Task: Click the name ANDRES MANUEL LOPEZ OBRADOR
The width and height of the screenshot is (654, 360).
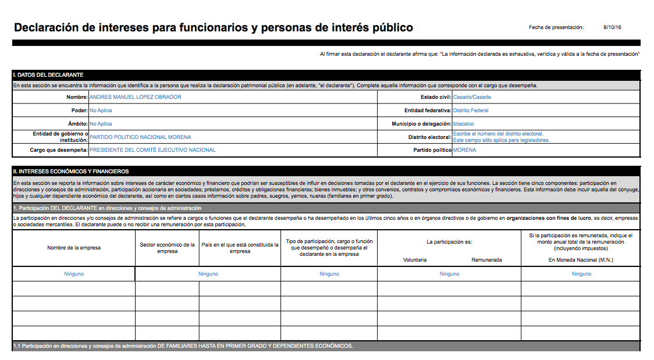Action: tap(135, 97)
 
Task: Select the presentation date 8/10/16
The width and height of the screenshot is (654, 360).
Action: tap(612, 27)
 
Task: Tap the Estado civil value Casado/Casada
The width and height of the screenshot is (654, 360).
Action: tap(472, 97)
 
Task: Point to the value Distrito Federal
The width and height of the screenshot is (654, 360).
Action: tap(471, 111)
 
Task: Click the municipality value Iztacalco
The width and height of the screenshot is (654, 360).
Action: tap(463, 124)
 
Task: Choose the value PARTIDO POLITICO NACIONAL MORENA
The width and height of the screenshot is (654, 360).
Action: tap(140, 137)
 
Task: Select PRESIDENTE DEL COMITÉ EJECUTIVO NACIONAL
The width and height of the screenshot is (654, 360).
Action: tap(152, 150)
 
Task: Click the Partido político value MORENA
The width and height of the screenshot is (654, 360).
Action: tap(464, 150)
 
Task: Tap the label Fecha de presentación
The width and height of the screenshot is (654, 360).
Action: tap(556, 27)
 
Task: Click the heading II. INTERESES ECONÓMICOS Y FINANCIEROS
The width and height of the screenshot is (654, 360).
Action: tap(71, 172)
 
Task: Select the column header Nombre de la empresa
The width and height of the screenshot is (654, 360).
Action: tap(74, 248)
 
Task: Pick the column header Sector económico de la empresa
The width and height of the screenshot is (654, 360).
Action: tap(167, 248)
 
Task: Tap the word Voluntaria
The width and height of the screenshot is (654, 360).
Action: tap(415, 260)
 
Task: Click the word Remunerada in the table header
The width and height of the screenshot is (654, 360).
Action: tap(486, 260)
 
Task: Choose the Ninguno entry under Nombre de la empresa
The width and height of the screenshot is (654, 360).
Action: tap(74, 274)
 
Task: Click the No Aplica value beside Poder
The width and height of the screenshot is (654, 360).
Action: tap(101, 111)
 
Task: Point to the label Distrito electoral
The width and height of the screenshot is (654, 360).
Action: tap(429, 137)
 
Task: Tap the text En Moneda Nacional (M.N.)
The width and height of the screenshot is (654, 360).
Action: tap(581, 260)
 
